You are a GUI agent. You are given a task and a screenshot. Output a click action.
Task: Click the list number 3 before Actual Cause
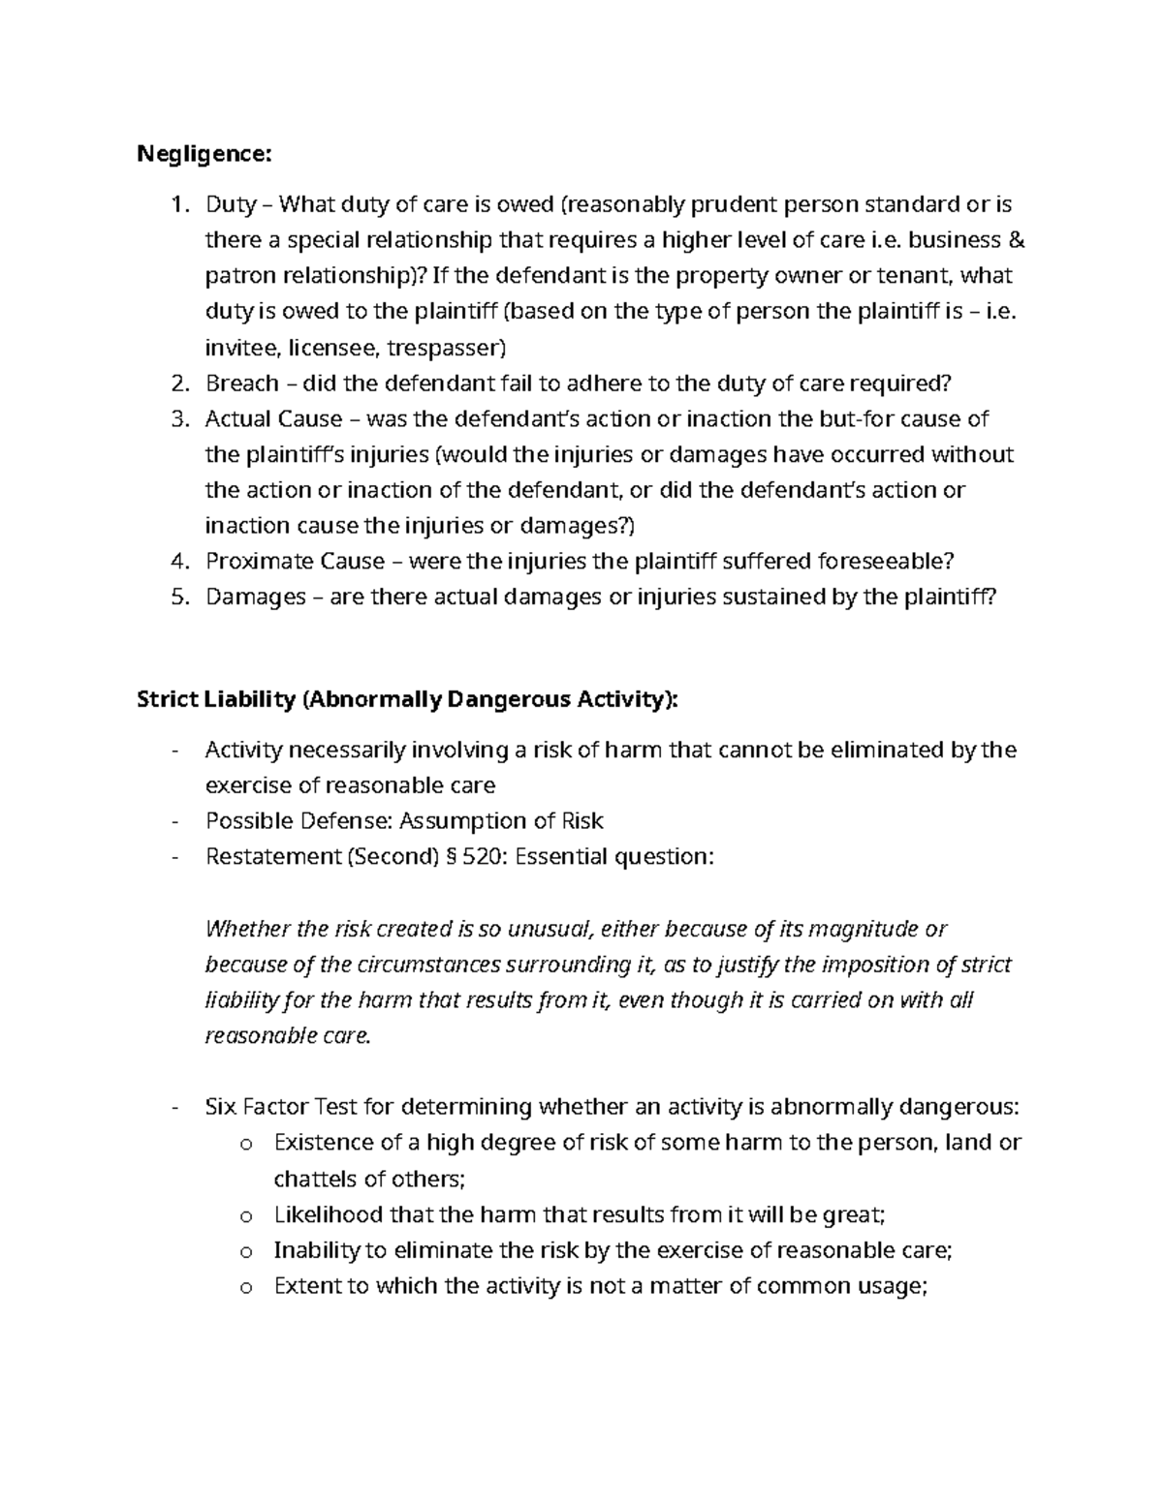(177, 419)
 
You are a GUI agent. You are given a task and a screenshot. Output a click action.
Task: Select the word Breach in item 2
(242, 384)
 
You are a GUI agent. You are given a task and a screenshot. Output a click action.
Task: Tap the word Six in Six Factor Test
(221, 1107)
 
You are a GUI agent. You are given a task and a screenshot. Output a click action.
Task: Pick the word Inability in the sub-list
(316, 1250)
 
